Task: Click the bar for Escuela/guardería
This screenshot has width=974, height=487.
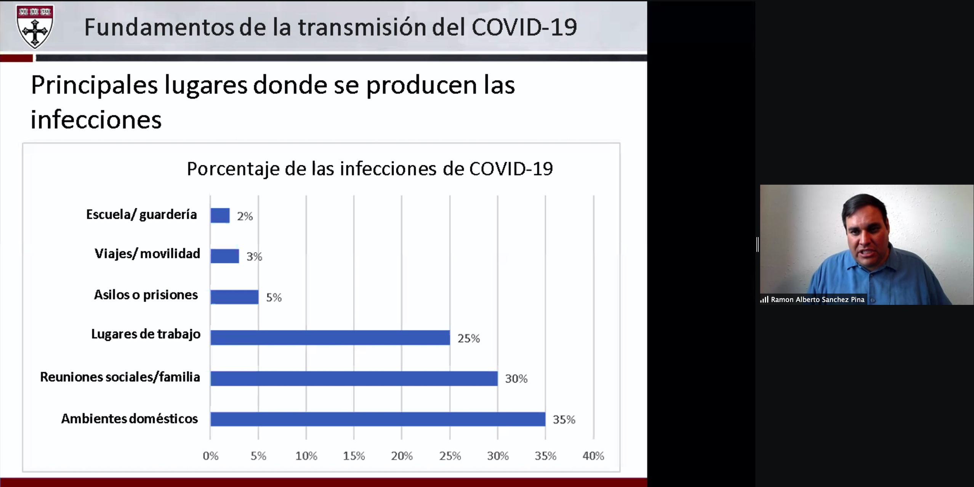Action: (x=220, y=215)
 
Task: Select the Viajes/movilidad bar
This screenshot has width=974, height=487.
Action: (x=225, y=256)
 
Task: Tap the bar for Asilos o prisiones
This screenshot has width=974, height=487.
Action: (x=234, y=297)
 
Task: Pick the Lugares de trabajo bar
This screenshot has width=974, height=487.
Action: (x=330, y=338)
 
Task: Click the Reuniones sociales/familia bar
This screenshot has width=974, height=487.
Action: (x=354, y=378)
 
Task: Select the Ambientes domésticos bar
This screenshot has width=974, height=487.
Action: (x=378, y=419)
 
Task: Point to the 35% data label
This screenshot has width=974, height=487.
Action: (x=564, y=419)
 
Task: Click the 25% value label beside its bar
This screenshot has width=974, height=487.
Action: (x=469, y=338)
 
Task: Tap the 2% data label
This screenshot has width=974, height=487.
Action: (x=245, y=216)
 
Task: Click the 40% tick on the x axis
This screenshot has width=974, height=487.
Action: (x=593, y=456)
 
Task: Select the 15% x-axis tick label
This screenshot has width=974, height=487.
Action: (x=354, y=456)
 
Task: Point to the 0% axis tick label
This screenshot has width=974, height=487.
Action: (x=210, y=456)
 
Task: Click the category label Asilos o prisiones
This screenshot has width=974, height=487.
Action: (x=146, y=295)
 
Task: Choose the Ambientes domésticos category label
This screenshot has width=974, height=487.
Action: (x=130, y=419)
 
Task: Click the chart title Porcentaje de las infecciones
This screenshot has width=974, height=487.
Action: (x=370, y=169)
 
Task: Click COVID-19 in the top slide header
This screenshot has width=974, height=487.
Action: (x=524, y=27)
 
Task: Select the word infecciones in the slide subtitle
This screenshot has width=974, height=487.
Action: (x=96, y=119)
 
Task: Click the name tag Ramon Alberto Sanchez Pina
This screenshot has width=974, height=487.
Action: (x=817, y=299)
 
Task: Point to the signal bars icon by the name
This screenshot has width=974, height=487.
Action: (x=764, y=299)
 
